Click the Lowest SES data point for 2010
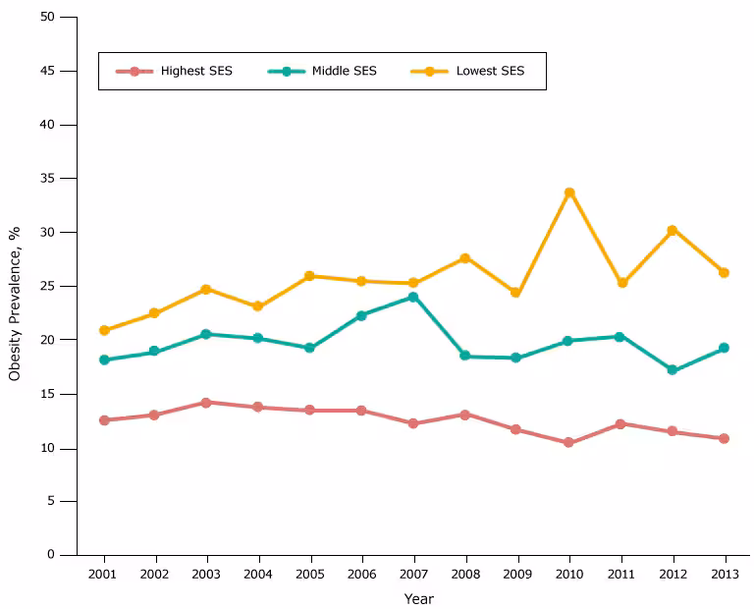[569, 193]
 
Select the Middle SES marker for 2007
[413, 297]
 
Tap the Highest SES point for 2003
[206, 403]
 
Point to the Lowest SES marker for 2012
[673, 230]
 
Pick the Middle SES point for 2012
[673, 370]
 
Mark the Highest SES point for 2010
[569, 443]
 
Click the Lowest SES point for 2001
[104, 330]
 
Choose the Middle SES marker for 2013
[724, 348]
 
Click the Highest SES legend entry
[196, 71]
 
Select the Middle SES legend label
[344, 71]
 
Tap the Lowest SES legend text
[490, 71]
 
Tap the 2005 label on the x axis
[310, 573]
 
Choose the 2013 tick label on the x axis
[724, 573]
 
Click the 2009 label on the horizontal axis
[516, 573]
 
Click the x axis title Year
[418, 598]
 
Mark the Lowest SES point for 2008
[465, 258]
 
